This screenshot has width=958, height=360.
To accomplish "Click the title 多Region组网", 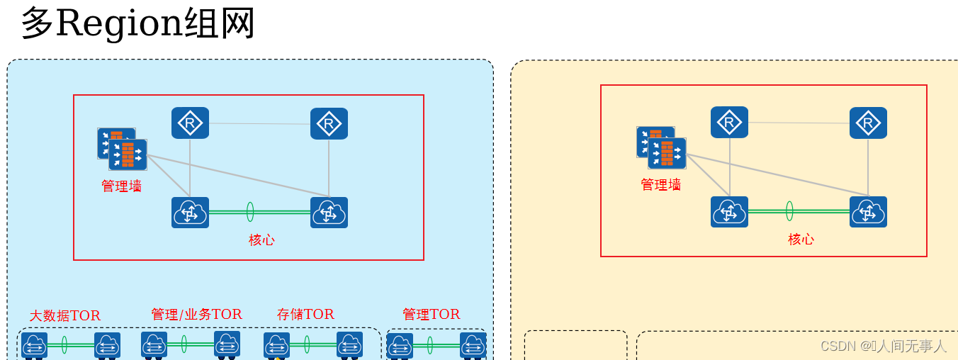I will [137, 24].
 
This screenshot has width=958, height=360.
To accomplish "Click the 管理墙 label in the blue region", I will [121, 186].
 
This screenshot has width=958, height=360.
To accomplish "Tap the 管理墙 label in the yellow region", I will [660, 185].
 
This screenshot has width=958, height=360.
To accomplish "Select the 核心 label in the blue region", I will [261, 240].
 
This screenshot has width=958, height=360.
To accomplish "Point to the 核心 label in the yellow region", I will [801, 240].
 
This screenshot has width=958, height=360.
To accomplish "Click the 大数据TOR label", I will [64, 316].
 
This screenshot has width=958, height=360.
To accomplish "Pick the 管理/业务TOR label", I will [196, 314].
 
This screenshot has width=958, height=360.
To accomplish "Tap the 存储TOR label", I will [305, 314].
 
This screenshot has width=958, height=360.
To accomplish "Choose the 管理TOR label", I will [431, 314].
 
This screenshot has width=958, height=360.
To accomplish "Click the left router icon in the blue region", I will [190, 123].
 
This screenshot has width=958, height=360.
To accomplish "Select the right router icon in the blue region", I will [329, 123].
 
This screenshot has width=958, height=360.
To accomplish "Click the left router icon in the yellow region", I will [729, 122].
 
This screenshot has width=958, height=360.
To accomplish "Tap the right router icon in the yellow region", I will [868, 122].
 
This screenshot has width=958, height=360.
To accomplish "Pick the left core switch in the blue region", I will [190, 213].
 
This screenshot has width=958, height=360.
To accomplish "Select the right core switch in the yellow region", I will [868, 212].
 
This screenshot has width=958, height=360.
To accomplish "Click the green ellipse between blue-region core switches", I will [250, 212].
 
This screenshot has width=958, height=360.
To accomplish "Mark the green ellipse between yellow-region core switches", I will [789, 211].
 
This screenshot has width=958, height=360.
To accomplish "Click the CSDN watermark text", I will [883, 346].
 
